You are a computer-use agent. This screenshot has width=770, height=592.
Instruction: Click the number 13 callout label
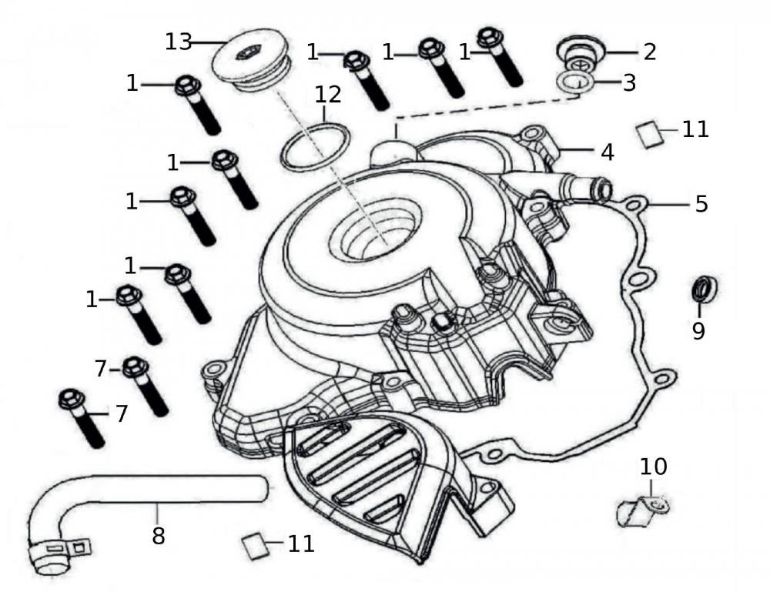pos(179,42)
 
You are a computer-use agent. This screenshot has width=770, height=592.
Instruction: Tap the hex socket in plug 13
pos(247,54)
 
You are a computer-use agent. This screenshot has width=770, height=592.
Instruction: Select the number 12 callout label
pos(327,95)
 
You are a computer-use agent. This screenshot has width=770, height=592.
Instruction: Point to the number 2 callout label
pos(649,52)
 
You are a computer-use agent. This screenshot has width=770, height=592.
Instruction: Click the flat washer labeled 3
pos(574,82)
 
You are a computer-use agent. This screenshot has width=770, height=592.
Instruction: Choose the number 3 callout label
pos(629,82)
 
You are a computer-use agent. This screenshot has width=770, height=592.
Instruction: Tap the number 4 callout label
pos(607,152)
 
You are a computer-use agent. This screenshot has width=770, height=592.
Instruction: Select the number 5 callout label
pos(701,204)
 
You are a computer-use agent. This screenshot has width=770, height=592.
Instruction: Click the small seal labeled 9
pos(704,289)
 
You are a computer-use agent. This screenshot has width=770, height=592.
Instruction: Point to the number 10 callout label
pos(653,467)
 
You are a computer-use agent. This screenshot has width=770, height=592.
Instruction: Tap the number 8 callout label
pos(158,534)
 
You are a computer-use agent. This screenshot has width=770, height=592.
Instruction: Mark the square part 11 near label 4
pos(651,134)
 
